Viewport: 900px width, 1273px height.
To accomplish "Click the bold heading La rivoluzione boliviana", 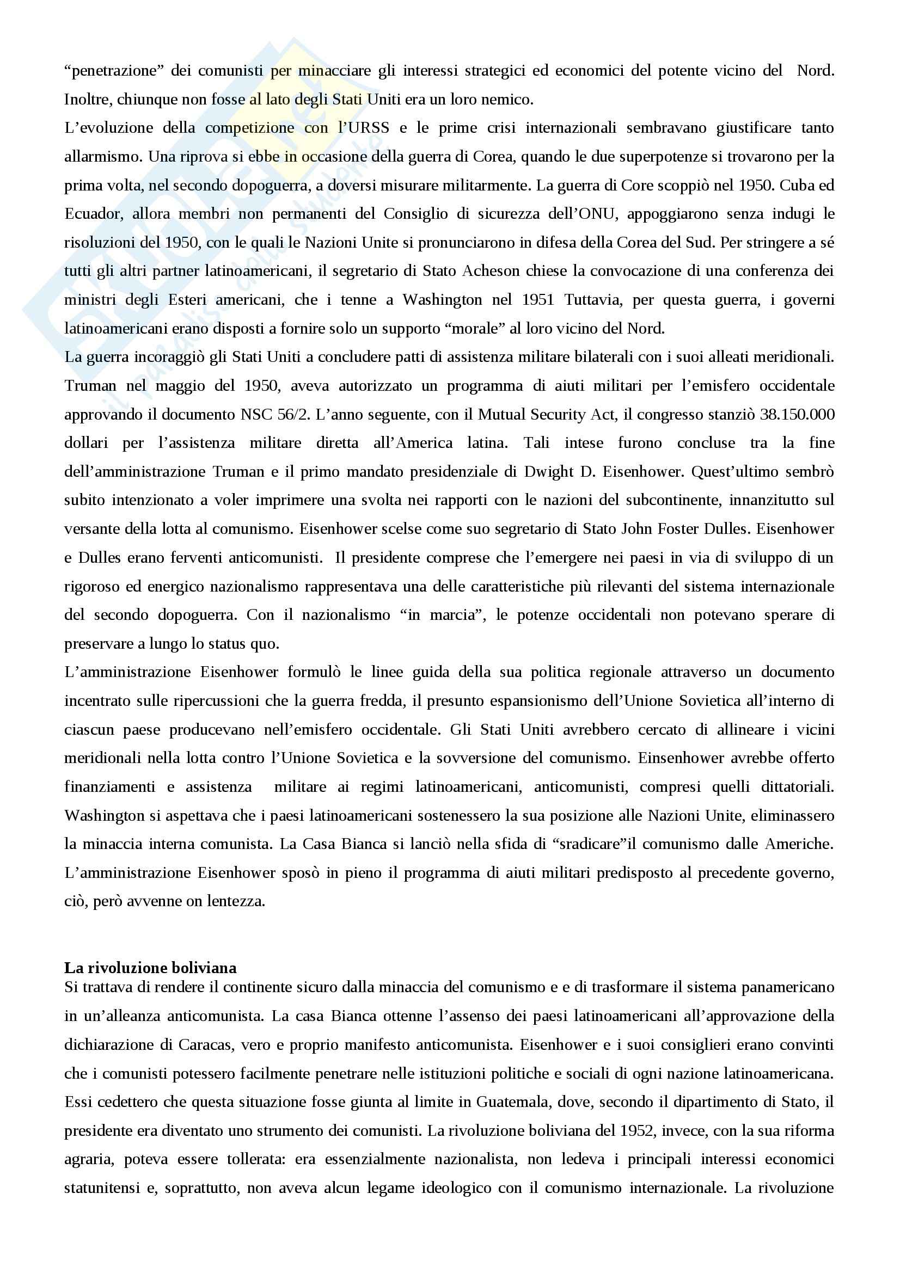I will (150, 968).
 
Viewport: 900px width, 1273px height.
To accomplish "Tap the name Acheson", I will (491, 271).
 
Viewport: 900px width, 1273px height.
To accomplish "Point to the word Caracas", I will (209, 1044).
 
